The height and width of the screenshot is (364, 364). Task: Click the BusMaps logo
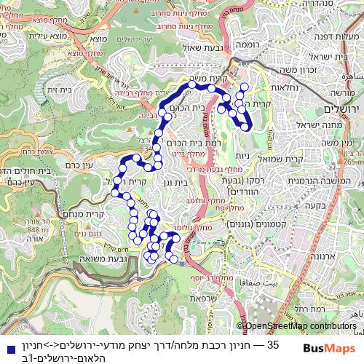pyautogui.click(x=326, y=348)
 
